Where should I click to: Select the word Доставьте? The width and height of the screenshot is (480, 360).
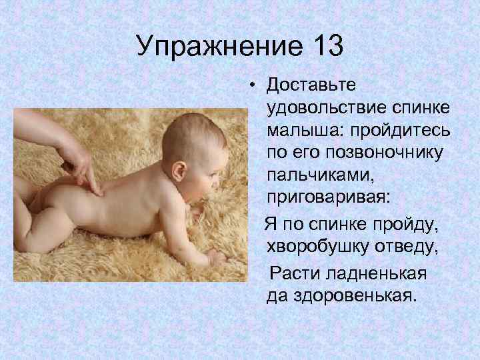pyautogui.click(x=311, y=85)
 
